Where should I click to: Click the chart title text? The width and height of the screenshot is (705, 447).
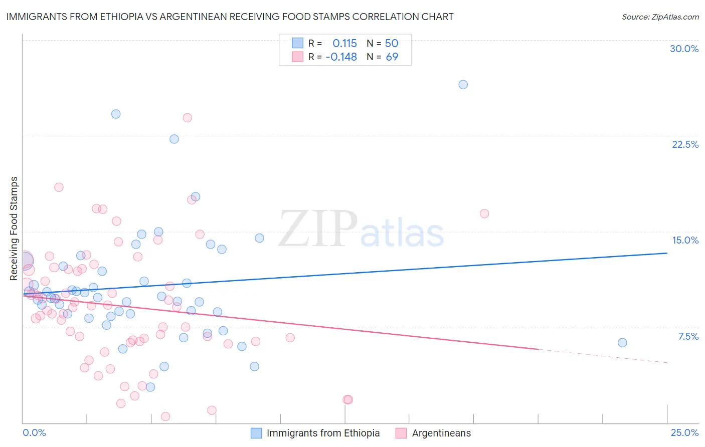[230, 17]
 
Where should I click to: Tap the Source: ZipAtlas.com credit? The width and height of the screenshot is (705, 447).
[660, 17]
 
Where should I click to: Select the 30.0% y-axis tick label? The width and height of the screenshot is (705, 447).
[684, 49]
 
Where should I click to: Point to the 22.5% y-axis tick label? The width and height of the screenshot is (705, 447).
[685, 144]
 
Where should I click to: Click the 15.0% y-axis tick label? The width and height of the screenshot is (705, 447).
[685, 240]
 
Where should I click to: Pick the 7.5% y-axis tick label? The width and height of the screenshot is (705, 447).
[688, 336]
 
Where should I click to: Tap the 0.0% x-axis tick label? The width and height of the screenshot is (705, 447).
[34, 432]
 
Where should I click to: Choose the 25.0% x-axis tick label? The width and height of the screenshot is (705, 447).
[684, 432]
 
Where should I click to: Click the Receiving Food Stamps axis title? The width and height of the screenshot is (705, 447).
[14, 229]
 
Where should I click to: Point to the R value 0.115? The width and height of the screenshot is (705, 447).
[344, 43]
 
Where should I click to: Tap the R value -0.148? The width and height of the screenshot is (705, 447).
[341, 57]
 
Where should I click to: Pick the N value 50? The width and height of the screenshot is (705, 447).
[392, 43]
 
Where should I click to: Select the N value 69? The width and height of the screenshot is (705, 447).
[392, 57]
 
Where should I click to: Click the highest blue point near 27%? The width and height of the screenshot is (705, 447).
[463, 84]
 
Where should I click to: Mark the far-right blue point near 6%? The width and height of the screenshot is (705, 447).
[622, 343]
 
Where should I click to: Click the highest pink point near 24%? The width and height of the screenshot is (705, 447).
[187, 118]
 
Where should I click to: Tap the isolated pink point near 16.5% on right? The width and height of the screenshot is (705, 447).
[484, 213]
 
